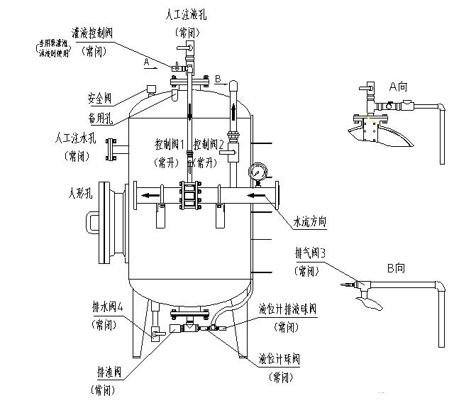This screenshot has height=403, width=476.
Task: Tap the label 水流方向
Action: pyautogui.click(x=310, y=221)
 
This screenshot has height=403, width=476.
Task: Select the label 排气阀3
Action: pyautogui.click(x=311, y=252)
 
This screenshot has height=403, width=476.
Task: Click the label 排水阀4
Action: pyautogui.click(x=108, y=308)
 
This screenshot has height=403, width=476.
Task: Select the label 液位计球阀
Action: pyautogui.click(x=279, y=359)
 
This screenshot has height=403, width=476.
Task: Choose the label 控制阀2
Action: pyautogui.click(x=209, y=144)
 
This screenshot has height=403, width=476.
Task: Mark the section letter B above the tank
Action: pyautogui.click(x=218, y=77)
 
